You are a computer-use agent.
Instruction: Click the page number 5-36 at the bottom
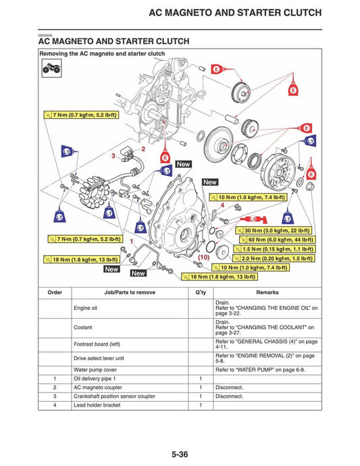pos(180,455)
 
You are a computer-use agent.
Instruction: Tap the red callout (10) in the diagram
pos(203,257)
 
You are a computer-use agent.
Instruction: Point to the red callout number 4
pos(222,205)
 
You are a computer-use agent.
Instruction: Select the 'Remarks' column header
pos(267,292)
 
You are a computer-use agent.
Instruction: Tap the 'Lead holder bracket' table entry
pos(99,405)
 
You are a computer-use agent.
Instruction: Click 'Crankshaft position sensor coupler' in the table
pos(115,396)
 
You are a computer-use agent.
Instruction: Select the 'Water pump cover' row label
pos(95,369)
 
